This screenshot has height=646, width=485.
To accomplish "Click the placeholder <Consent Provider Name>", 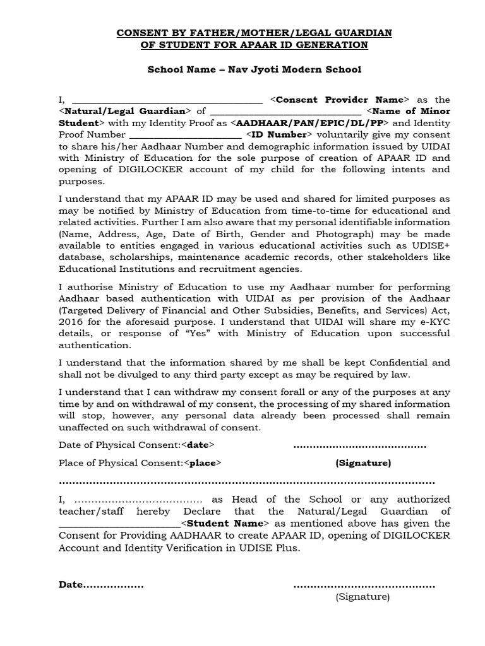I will [340, 100].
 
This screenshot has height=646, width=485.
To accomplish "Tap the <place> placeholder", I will [203, 463].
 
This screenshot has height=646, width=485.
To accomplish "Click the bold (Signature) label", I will [363, 463].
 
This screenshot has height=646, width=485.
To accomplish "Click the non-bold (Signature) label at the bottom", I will [362, 596].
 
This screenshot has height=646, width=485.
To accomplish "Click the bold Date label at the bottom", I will [71, 585].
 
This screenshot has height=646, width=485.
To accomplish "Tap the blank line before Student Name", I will [119, 524].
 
